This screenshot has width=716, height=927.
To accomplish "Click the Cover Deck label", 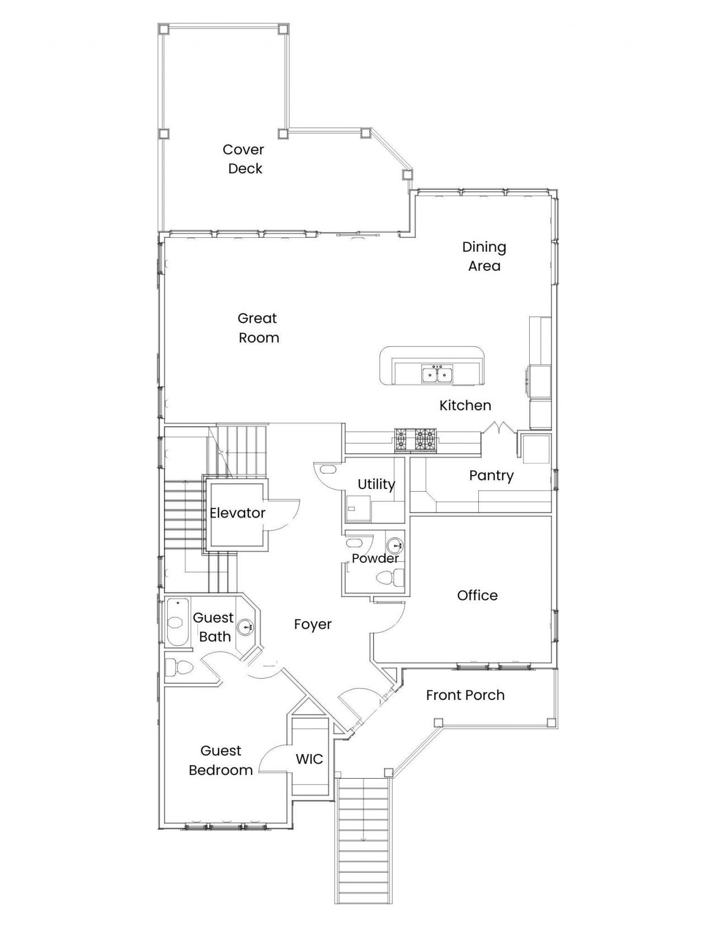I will [244, 159].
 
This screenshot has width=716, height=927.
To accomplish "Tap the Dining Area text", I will [484, 256].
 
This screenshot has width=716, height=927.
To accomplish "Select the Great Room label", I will [258, 328].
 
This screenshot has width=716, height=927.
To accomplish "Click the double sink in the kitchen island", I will [437, 374].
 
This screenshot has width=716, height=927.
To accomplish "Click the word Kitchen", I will [465, 405].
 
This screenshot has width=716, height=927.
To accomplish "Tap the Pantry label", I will [491, 476].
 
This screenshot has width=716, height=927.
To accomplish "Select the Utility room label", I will [376, 484].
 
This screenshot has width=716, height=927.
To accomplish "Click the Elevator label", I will [237, 512].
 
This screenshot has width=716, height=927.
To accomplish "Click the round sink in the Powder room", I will [395, 544].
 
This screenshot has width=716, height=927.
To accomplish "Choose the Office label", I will [477, 595].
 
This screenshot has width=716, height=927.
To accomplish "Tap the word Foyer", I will [313, 624].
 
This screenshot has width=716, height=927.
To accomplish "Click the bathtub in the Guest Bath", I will [178, 622].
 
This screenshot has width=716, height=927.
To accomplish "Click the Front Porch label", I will [465, 695].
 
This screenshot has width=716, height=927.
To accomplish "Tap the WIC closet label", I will [309, 759].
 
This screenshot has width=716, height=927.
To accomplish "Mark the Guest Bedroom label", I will [220, 760].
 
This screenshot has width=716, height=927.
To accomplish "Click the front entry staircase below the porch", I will [363, 839].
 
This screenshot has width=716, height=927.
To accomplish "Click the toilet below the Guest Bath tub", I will [179, 667].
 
